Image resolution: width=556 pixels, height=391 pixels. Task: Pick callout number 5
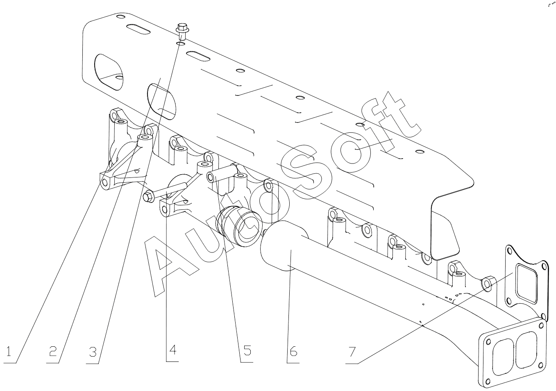[x=247, y=350]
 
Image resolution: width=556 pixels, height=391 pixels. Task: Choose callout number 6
[x=293, y=350]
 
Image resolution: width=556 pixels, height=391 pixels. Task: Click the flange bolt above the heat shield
[x=182, y=32]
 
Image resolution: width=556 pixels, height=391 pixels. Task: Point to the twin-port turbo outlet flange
[x=512, y=355]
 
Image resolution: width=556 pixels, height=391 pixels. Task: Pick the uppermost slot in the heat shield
[x=138, y=30]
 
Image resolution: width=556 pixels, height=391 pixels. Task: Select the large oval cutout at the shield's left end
[x=109, y=72]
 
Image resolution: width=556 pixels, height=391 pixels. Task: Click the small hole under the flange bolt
[x=181, y=44]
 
